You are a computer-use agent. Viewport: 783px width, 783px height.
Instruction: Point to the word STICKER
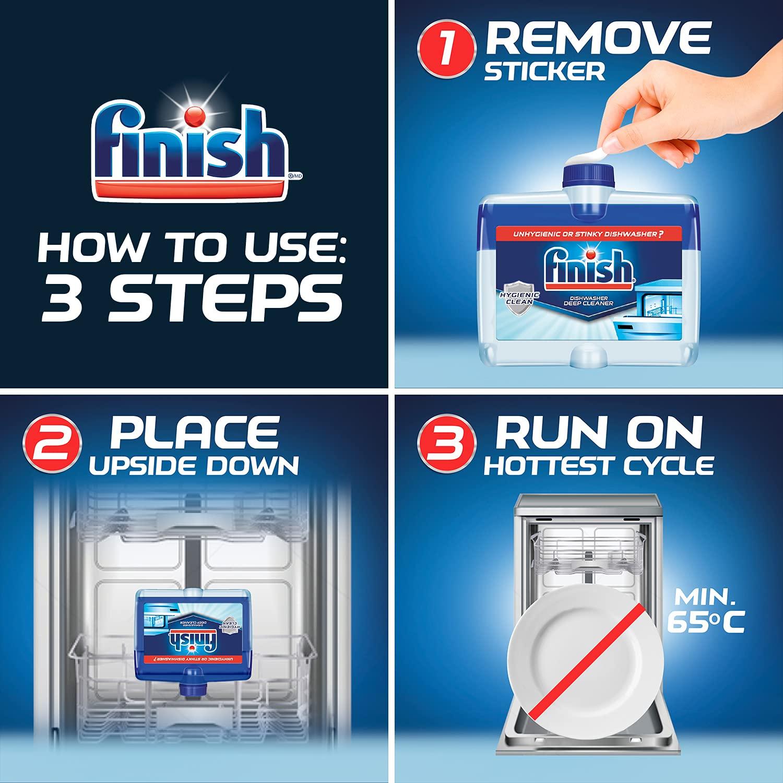coord(544,72)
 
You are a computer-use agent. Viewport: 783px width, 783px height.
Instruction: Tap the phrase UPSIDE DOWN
coord(194,466)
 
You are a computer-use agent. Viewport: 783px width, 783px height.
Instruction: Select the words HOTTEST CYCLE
coord(599,466)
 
